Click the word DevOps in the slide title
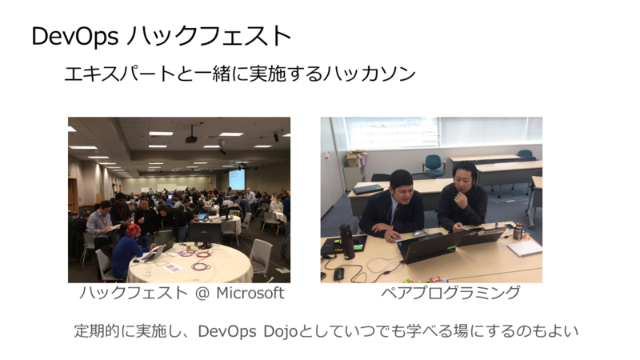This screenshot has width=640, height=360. pyautogui.click(x=75, y=36)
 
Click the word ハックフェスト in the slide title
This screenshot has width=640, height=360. pyautogui.click(x=209, y=35)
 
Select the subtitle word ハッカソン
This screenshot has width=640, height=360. pyautogui.click(x=369, y=74)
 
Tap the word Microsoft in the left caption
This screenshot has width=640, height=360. pyautogui.click(x=250, y=293)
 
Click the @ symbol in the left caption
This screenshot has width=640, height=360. pyautogui.click(x=202, y=294)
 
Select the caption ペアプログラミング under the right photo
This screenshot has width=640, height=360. pyautogui.click(x=450, y=293)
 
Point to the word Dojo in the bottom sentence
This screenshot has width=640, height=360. pyautogui.click(x=281, y=331)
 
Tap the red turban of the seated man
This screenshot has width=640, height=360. pyautogui.click(x=133, y=230)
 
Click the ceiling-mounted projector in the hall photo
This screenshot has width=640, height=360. pyautogui.click(x=191, y=138)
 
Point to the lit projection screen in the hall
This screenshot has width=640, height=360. pyautogui.click(x=237, y=179)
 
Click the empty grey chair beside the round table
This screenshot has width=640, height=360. pyautogui.click(x=260, y=258)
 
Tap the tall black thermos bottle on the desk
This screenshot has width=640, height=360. pyautogui.click(x=346, y=242)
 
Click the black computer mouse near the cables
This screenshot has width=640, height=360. pyautogui.click(x=338, y=274)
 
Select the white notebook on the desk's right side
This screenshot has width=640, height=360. pyautogui.click(x=525, y=248)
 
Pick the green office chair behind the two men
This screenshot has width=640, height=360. pyautogui.click(x=433, y=165)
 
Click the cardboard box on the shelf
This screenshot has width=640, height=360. pyautogui.click(x=355, y=158)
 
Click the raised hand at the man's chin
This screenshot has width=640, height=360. pyautogui.click(x=462, y=198)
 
